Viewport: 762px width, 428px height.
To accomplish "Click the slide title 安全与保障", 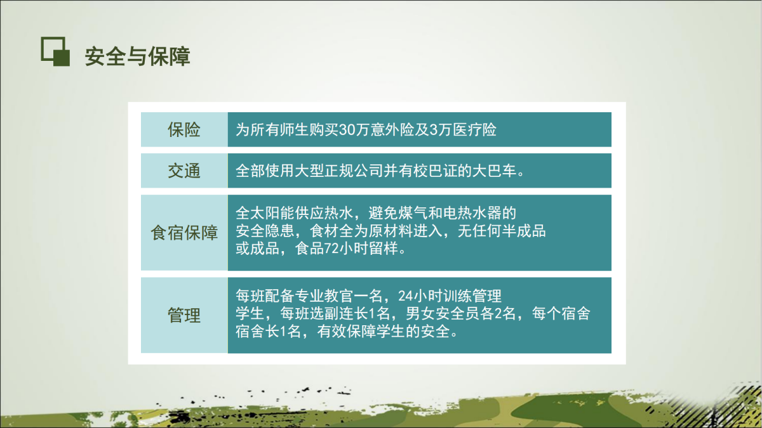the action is (137, 56).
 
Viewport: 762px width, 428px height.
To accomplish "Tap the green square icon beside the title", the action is (55, 51).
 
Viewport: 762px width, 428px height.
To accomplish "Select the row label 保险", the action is (184, 130).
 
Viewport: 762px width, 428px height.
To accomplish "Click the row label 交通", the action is (184, 171).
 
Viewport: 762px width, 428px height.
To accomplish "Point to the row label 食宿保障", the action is (184, 233).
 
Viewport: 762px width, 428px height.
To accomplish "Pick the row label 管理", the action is (184, 316).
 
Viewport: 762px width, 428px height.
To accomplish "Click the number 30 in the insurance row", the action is (347, 130).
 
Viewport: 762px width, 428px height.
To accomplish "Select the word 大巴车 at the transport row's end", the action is (495, 171).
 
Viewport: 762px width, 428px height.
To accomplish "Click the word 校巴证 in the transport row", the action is (435, 171).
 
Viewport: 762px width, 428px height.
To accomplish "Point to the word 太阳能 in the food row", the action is (273, 213).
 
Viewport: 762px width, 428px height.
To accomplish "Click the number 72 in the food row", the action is (331, 249).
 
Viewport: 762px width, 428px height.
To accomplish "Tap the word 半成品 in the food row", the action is (524, 231).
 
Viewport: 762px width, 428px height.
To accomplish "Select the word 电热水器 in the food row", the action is (472, 213).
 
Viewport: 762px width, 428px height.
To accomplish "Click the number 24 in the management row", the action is (406, 296).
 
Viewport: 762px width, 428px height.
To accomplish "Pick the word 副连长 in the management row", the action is (346, 313).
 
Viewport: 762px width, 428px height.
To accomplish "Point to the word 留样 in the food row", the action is (384, 249).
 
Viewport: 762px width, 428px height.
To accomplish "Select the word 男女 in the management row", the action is (420, 313).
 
